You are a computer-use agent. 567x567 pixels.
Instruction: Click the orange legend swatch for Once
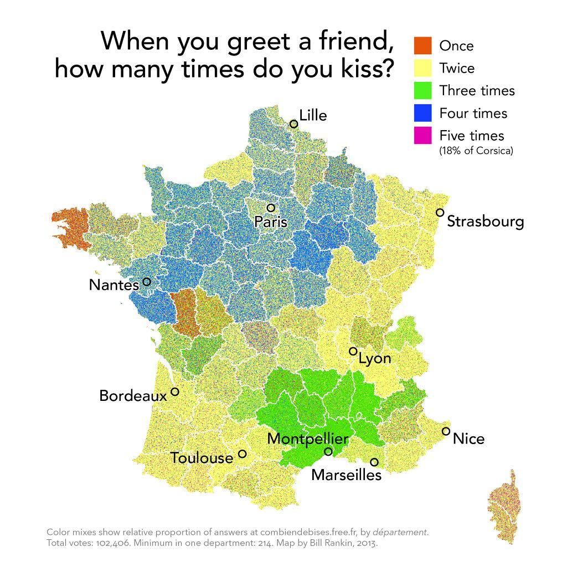pyautogui.click(x=422, y=45)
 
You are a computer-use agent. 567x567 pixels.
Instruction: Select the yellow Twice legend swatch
pyautogui.click(x=422, y=68)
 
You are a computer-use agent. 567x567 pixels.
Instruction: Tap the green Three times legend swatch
pyautogui.click(x=422, y=90)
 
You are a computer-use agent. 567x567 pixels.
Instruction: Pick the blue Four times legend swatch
pyautogui.click(x=422, y=113)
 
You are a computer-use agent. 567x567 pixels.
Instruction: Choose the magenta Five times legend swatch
pyautogui.click(x=422, y=135)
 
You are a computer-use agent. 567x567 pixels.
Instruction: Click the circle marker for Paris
pyautogui.click(x=271, y=208)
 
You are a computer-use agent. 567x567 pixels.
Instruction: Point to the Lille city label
pyautogui.click(x=313, y=115)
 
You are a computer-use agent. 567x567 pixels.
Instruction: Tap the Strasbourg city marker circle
pyautogui.click(x=440, y=213)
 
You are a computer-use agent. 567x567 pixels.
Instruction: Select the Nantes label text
pyautogui.click(x=114, y=285)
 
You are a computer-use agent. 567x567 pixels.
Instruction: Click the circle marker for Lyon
pyautogui.click(x=353, y=351)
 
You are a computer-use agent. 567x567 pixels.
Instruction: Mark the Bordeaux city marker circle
pyautogui.click(x=175, y=391)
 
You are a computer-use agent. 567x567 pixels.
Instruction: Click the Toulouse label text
pyautogui.click(x=202, y=458)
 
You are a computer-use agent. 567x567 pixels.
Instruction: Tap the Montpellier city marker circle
pyautogui.click(x=328, y=452)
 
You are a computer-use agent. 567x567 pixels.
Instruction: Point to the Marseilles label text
pyautogui.click(x=346, y=475)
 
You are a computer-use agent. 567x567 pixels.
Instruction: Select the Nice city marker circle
pyautogui.click(x=446, y=431)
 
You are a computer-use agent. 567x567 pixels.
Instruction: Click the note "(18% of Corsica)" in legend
pyautogui.click(x=476, y=151)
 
